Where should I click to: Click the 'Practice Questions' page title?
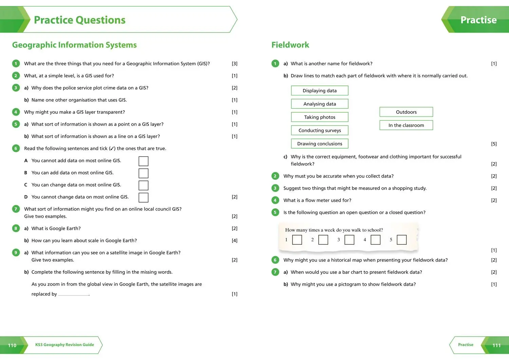(x=80, y=20)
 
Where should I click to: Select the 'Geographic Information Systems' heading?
(x=74, y=45)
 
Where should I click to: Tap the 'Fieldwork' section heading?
(x=290, y=45)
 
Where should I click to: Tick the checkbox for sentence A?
(x=144, y=161)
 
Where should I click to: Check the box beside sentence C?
(x=144, y=185)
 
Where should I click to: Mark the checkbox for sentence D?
(x=144, y=197)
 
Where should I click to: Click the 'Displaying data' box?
(x=320, y=91)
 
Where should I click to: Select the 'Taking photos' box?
(x=320, y=117)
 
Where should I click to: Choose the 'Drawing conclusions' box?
(x=320, y=144)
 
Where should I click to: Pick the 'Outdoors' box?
(x=406, y=112)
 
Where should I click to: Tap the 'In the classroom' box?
(x=406, y=125)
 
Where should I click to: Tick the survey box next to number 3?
(x=349, y=240)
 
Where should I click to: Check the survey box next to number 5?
(x=401, y=240)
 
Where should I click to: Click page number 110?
(x=12, y=345)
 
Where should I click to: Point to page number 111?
(x=496, y=345)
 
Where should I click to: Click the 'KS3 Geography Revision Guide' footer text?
(x=64, y=345)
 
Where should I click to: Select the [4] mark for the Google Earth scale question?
(x=234, y=241)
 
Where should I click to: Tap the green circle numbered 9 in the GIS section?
(x=16, y=252)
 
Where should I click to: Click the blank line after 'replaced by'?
(x=73, y=294)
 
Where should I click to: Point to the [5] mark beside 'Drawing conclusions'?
(x=494, y=144)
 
